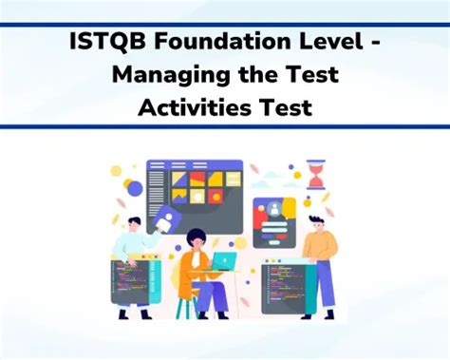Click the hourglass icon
point(315,176)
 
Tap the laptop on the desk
point(224,259)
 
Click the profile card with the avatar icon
point(273,221)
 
